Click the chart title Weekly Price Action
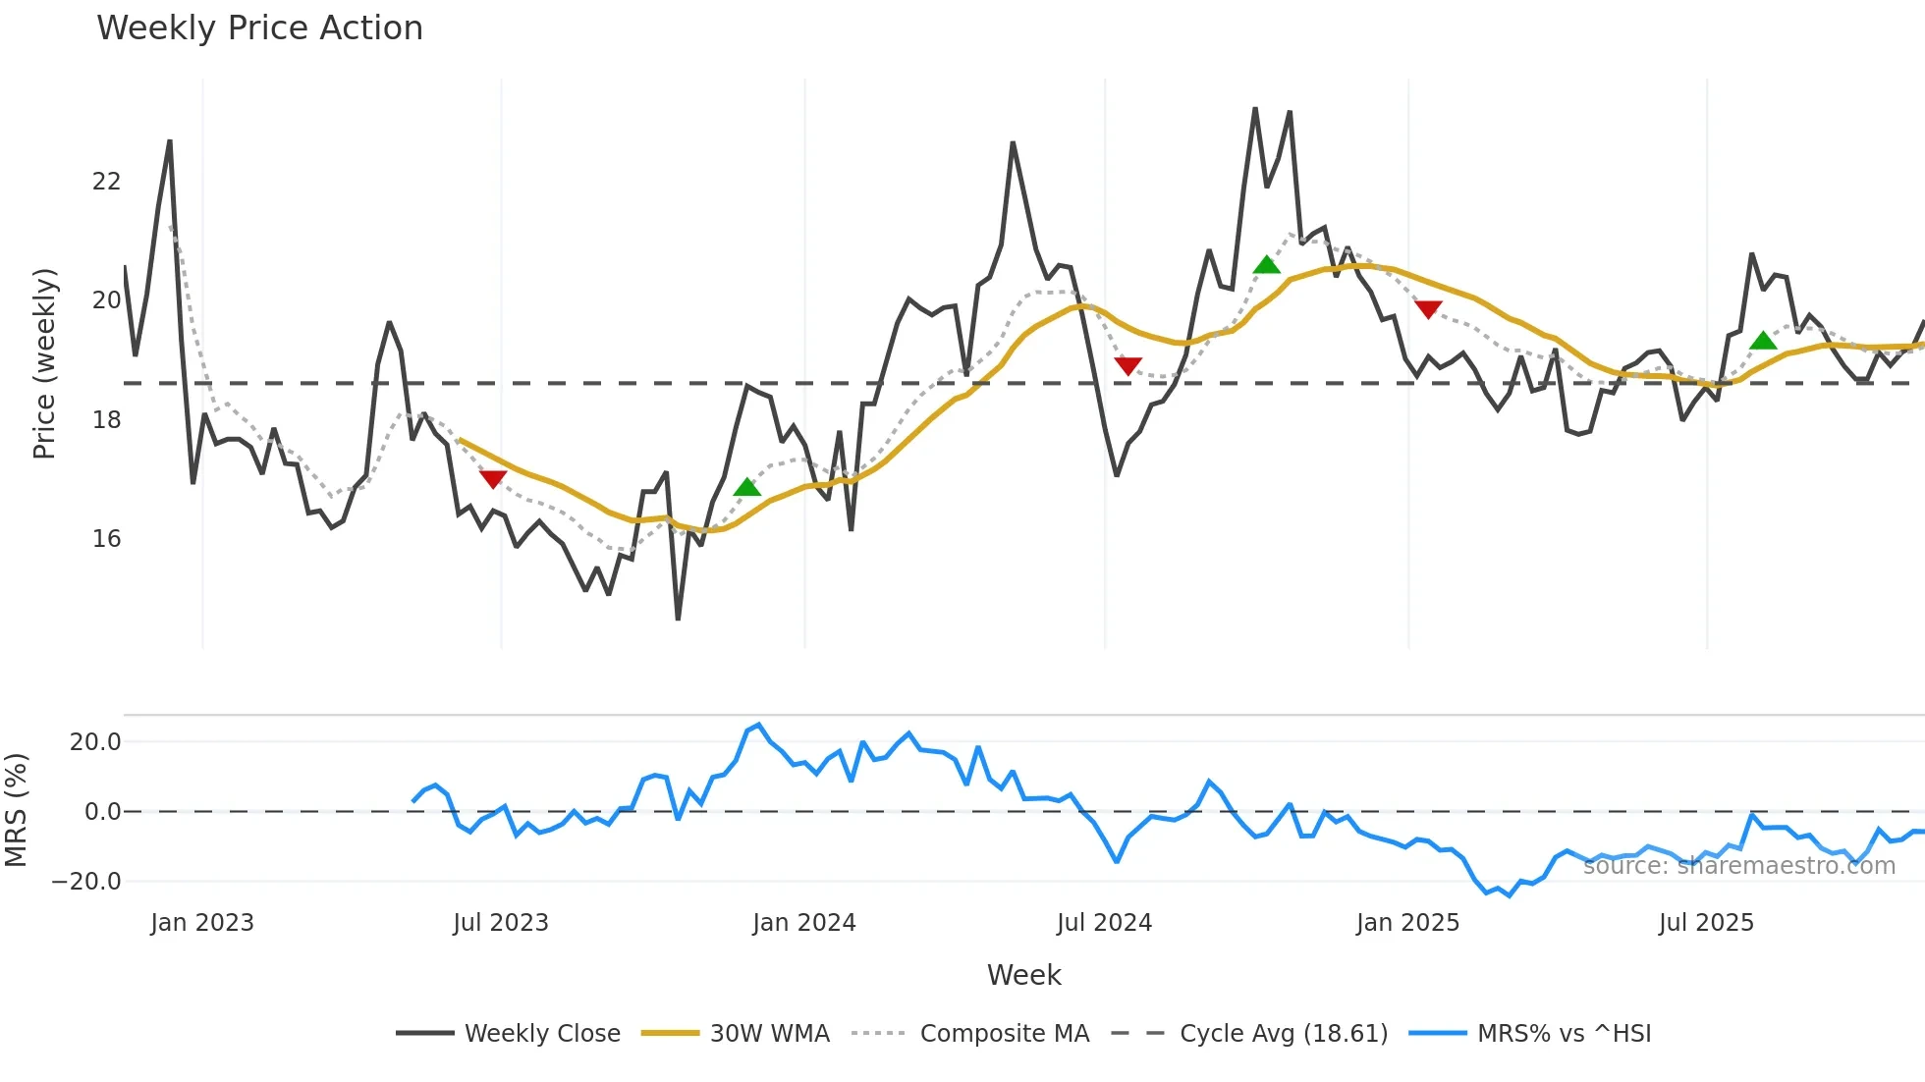pos(259,28)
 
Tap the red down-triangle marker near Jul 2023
pos(493,478)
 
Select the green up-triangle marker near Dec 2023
pos(747,487)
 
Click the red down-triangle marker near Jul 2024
pos(1128,365)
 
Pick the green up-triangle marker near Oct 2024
pos(1267,265)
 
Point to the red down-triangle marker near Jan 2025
pos(1428,309)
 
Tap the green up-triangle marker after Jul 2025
pos(1764,341)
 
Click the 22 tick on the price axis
pos(106,182)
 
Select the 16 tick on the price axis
pos(106,539)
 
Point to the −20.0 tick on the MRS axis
pos(86,882)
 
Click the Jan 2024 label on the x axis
pos(804,923)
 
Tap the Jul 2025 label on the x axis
pos(1706,923)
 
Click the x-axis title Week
pos(1023,975)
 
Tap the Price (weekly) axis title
pos(44,363)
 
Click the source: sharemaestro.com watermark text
pos(1738,866)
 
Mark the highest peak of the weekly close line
pos(1255,109)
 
